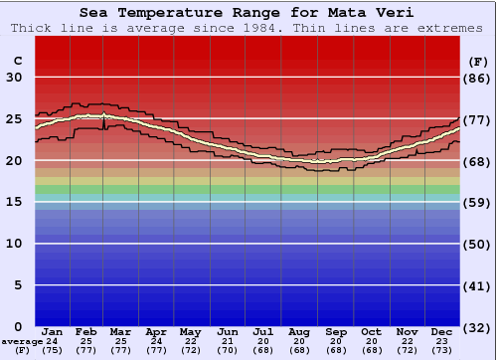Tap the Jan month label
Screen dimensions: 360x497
[x=53, y=332]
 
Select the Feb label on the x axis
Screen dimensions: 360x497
[x=87, y=332]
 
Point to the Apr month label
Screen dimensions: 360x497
[x=157, y=332]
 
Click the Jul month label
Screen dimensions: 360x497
[x=263, y=332]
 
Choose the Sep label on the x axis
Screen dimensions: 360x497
[x=336, y=332]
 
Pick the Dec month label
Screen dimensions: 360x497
[x=442, y=332]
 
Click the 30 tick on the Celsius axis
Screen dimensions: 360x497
[x=14, y=78]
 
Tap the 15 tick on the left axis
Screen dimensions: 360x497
[x=14, y=202]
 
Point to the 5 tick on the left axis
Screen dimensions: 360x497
[x=18, y=285]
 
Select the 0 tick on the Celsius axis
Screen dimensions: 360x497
[x=18, y=327]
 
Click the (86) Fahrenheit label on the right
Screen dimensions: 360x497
[x=478, y=78]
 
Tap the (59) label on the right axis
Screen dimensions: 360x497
[x=478, y=202]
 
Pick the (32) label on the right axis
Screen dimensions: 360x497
[x=478, y=327]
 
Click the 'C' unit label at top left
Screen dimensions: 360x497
[x=17, y=61]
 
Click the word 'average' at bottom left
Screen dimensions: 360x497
[x=22, y=341]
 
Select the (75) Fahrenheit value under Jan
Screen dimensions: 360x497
[x=53, y=350]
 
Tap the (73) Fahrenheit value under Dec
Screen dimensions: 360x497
[x=442, y=350]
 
